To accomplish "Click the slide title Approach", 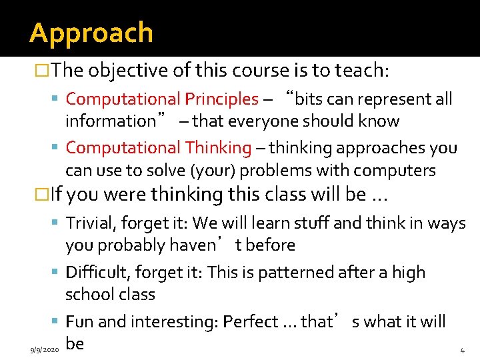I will pyautogui.click(x=91, y=33).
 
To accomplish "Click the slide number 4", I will pyautogui.click(x=462, y=350).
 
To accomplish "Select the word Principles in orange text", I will pyautogui.click(x=221, y=99).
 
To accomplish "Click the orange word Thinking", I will pyautogui.click(x=218, y=147).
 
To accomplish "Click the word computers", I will pyautogui.click(x=399, y=171).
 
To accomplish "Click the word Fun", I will pyautogui.click(x=79, y=322).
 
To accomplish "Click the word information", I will pyautogui.click(x=109, y=121).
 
